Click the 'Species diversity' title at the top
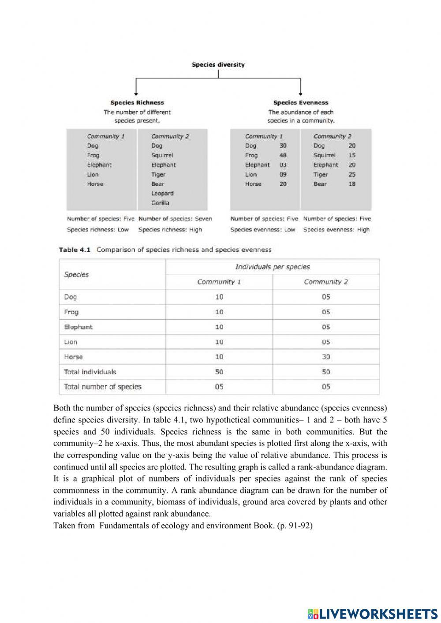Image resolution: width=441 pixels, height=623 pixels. pyautogui.click(x=218, y=64)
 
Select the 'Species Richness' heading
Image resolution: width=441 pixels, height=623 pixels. pyautogui.click(x=137, y=103)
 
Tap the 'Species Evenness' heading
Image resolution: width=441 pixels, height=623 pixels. pyautogui.click(x=301, y=103)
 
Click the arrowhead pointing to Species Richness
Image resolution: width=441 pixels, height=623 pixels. pyautogui.click(x=136, y=93)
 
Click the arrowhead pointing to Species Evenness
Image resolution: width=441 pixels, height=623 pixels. pyautogui.click(x=300, y=93)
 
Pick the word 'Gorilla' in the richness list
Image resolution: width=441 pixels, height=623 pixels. pyautogui.click(x=160, y=203)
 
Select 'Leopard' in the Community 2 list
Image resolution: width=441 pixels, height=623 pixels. pyautogui.click(x=162, y=193)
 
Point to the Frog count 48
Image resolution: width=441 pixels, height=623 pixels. pyautogui.click(x=283, y=155)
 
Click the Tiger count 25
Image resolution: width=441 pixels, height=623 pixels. pyautogui.click(x=351, y=174)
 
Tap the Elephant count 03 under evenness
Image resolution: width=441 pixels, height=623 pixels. pyautogui.click(x=283, y=165)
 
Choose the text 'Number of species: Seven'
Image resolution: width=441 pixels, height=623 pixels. pyautogui.click(x=175, y=219)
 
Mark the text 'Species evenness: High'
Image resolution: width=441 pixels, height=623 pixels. pyautogui.click(x=336, y=230)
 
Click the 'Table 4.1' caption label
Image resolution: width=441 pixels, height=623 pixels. pyautogui.click(x=75, y=250)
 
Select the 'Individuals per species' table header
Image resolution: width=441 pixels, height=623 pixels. pyautogui.click(x=272, y=267)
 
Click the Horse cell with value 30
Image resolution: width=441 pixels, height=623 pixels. pyautogui.click(x=325, y=357)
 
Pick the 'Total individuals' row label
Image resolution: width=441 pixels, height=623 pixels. pyautogui.click(x=90, y=372)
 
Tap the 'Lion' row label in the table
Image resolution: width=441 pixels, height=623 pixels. pyautogui.click(x=71, y=342)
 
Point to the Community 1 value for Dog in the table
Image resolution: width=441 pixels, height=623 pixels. pyautogui.click(x=219, y=297)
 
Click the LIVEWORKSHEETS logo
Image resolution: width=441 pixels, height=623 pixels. pyautogui.click(x=373, y=613)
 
